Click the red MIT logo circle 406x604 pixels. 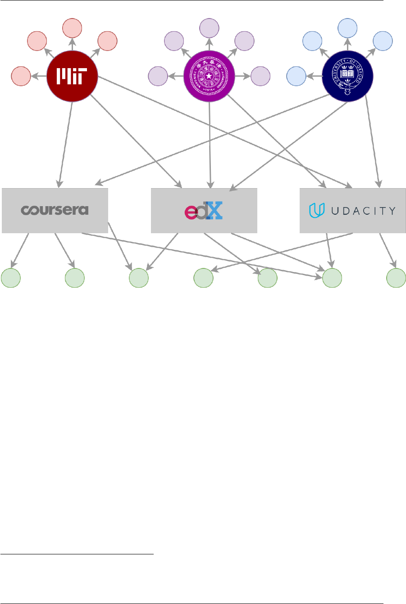pos(72,76)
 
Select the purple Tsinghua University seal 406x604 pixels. pos(209,76)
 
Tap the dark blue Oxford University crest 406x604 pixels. pos(347,76)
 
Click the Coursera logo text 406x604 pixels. pos(55,210)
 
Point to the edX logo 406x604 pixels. pos(204,211)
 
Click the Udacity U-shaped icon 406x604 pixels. pos(316,210)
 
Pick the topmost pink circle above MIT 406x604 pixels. pos(72,28)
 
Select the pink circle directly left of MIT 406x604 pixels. pos(21,76)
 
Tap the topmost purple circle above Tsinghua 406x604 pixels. pos(209,28)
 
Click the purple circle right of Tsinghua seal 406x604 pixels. pos(260,76)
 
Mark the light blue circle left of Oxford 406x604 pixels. pos(297,76)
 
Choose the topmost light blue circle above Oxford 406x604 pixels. pos(347,28)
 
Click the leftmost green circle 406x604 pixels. pos(11,278)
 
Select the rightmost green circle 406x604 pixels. pos(397,278)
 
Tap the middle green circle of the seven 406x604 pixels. pos(203,278)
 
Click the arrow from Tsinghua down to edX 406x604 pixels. pos(210,144)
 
